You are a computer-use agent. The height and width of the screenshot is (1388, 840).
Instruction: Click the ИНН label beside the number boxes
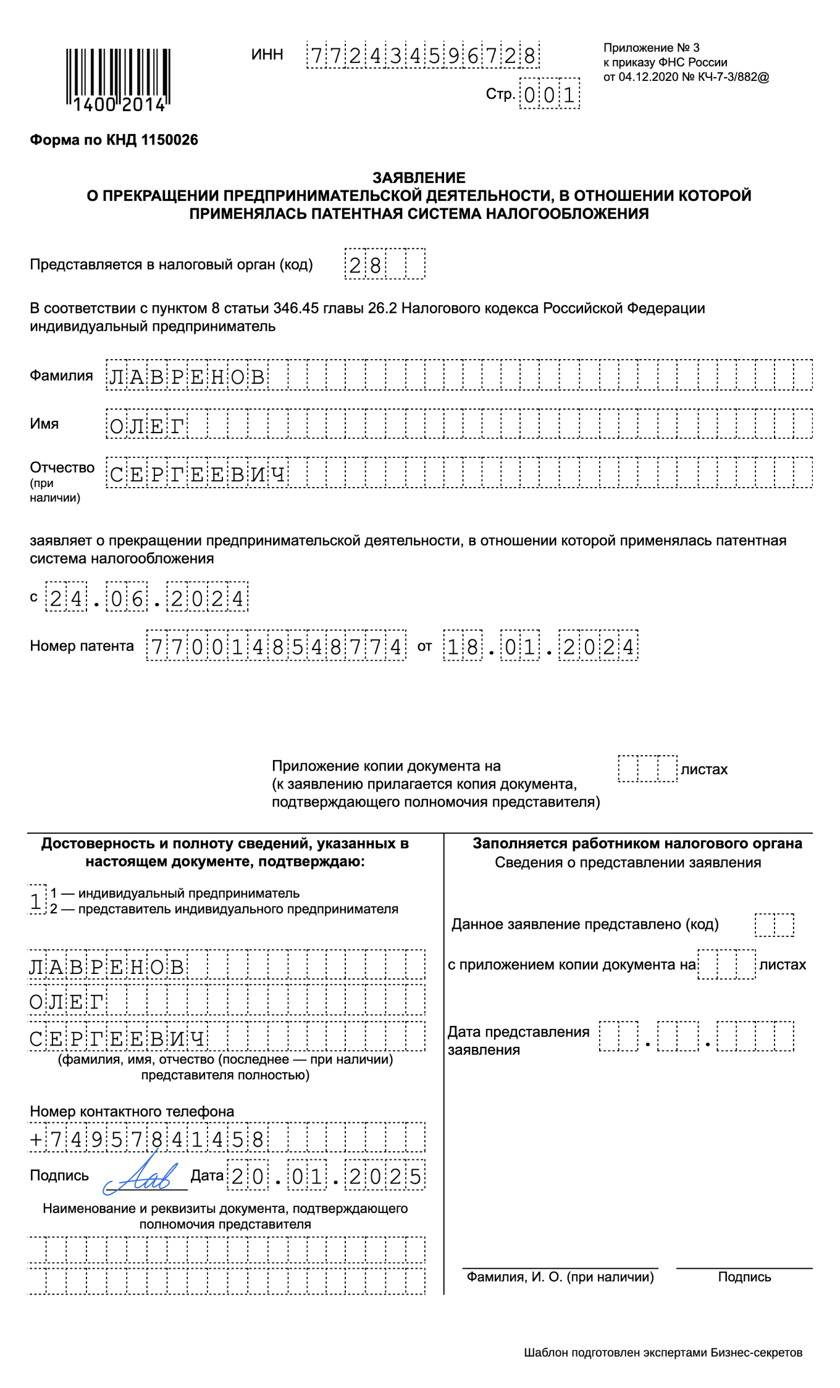267,54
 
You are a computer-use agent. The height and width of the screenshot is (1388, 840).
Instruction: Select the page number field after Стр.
549,95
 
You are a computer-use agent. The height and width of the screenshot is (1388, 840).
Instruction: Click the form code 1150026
169,140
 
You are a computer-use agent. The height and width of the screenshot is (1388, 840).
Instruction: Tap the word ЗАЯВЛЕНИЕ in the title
419,177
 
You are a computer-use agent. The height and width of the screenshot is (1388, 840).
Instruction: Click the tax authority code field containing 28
384,264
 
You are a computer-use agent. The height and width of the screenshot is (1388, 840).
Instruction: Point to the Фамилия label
61,375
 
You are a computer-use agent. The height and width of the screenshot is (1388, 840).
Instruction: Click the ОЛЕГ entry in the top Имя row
147,425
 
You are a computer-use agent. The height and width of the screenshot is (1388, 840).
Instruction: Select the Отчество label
62,467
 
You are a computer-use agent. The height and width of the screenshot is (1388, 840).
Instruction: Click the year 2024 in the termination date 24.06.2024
208,598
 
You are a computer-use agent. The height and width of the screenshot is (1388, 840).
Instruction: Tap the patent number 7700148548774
276,646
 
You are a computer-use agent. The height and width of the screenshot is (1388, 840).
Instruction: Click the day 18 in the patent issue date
463,646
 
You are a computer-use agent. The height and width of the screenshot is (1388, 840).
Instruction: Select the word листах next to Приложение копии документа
703,769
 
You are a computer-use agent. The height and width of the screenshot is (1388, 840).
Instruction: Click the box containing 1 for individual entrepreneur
36,901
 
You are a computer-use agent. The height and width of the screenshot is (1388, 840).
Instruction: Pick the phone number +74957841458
147,1139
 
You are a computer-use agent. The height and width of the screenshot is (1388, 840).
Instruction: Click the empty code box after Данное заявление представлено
774,925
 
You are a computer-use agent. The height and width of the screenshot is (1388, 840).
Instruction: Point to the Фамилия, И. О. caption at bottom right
560,1277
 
